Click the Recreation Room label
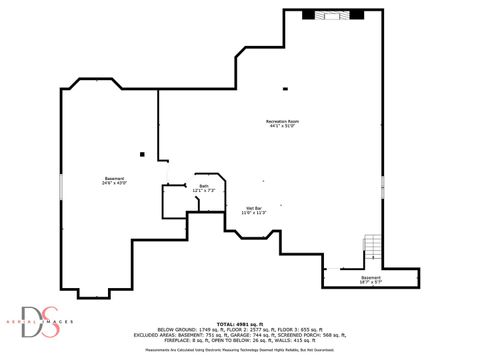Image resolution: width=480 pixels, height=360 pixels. click(x=283, y=120)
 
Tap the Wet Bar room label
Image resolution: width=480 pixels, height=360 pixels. click(x=252, y=207)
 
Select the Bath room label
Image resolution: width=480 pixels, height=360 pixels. click(x=203, y=186)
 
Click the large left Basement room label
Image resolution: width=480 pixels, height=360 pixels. click(x=114, y=178)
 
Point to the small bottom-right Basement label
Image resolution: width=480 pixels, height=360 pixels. click(x=370, y=277)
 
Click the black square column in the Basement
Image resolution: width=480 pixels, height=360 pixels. click(x=143, y=154)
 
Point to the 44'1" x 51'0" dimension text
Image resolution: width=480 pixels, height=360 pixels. click(x=283, y=126)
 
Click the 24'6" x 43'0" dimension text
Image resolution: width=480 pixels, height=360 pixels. click(x=114, y=184)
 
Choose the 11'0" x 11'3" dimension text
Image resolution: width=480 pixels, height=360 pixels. click(x=252, y=213)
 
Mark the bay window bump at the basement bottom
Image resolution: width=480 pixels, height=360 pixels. click(x=93, y=294)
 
